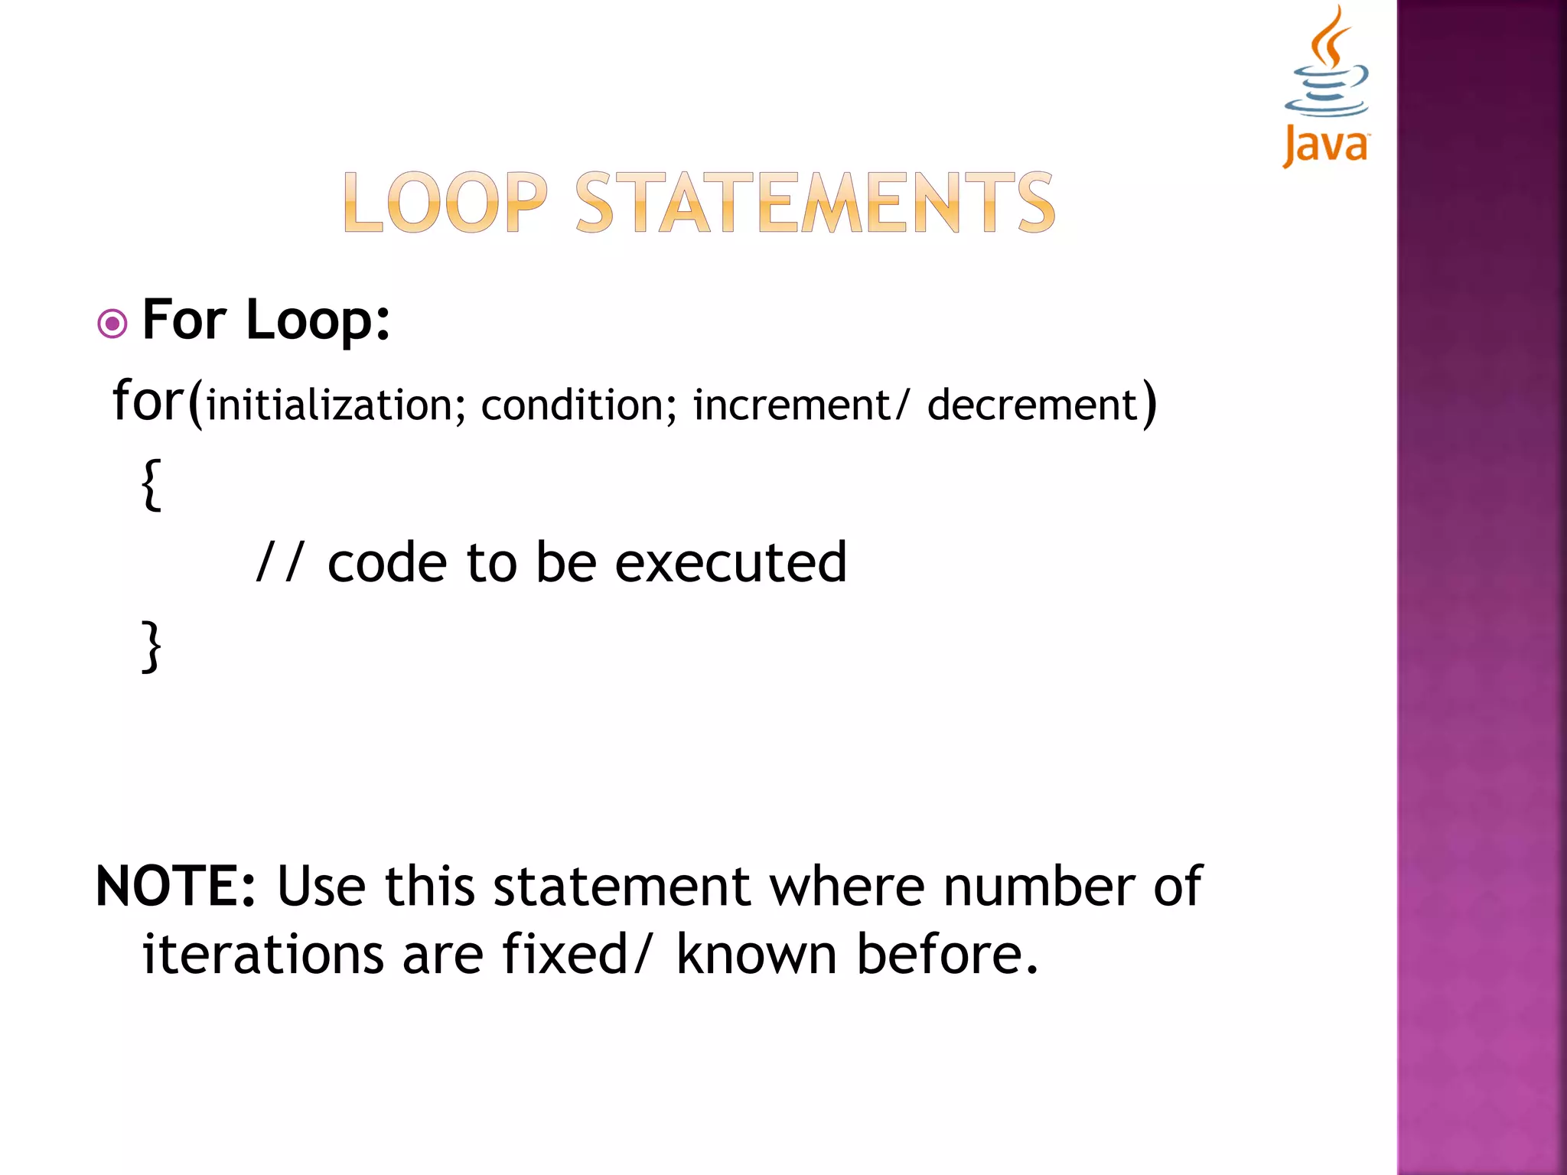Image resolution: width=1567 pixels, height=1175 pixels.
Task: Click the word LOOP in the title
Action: (x=445, y=203)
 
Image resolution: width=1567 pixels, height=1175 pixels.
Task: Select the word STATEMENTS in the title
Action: (x=815, y=203)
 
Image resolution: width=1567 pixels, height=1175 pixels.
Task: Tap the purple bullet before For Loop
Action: (x=112, y=324)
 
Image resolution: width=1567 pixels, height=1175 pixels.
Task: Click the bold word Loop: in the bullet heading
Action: (x=318, y=320)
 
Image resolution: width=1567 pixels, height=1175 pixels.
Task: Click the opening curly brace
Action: (x=152, y=484)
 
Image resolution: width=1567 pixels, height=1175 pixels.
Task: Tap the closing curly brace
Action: (x=152, y=646)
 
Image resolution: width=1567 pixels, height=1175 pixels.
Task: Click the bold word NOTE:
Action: (x=175, y=887)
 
